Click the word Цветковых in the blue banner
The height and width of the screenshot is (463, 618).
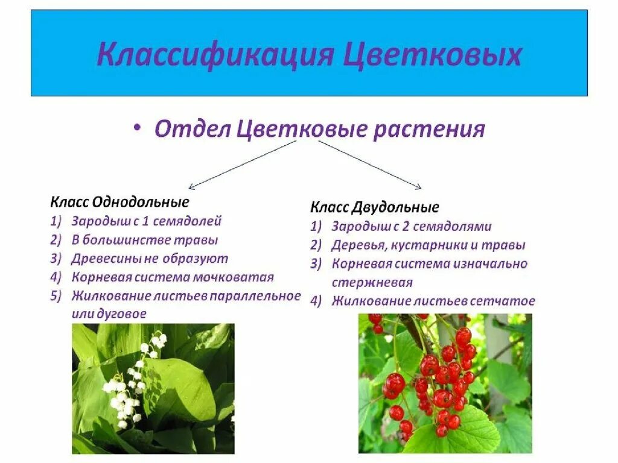point(432,54)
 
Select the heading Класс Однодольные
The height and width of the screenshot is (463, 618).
point(119,202)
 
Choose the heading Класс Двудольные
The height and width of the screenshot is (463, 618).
point(375,208)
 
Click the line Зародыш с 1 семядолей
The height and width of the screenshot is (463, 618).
point(147,221)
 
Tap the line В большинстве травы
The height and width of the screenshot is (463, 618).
point(144,240)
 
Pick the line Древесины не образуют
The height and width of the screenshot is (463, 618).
point(150,259)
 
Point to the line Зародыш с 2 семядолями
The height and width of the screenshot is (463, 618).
point(411,227)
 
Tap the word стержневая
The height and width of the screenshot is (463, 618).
point(372,283)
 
